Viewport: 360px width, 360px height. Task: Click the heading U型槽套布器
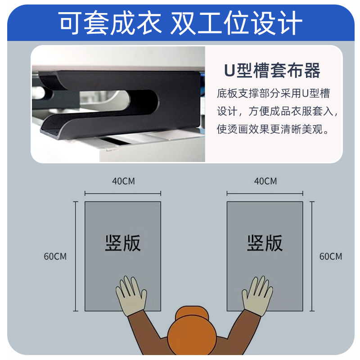tap(272, 71)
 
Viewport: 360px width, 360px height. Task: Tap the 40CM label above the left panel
tap(123, 181)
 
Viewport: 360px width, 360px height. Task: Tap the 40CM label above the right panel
tap(265, 181)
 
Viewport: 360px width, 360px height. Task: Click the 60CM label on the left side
tap(55, 256)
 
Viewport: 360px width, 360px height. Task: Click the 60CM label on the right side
tap(331, 256)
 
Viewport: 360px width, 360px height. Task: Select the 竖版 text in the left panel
tap(123, 243)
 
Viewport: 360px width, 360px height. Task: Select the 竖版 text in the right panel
tap(265, 243)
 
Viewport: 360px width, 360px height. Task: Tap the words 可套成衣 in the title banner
tap(111, 23)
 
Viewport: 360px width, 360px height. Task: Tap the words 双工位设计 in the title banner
tap(236, 23)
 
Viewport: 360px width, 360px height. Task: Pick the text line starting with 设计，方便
tap(276, 111)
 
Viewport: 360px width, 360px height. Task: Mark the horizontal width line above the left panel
tap(123, 194)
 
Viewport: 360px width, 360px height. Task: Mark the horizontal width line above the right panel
tap(265, 194)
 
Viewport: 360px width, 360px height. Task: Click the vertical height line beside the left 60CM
tap(75, 256)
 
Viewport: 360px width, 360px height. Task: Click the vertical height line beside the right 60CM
tap(312, 256)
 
